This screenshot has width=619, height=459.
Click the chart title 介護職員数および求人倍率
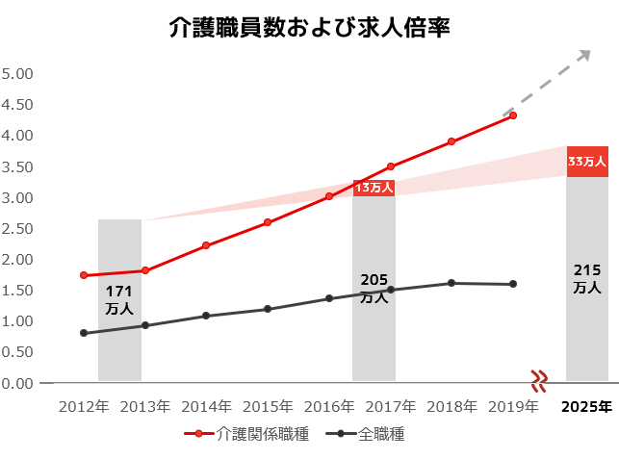point(310,28)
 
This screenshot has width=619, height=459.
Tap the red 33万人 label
point(587,162)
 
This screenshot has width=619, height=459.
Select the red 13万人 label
point(374,188)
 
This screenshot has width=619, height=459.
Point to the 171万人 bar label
point(119,299)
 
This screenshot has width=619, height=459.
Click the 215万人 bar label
point(587,278)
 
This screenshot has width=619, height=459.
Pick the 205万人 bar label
point(374,288)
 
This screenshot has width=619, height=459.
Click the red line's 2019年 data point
point(513,115)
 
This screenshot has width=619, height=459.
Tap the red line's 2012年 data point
point(84,275)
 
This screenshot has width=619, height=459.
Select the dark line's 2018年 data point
point(451,283)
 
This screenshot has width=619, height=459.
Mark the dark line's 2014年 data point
point(206,316)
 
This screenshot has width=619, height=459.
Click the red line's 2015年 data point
point(268,222)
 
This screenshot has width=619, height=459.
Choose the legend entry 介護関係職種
point(247,434)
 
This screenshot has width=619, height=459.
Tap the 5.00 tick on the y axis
point(17,74)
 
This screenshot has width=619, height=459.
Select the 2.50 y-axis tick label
point(17,229)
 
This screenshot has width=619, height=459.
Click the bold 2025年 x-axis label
point(587,407)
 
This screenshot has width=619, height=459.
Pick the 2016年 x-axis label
point(329,407)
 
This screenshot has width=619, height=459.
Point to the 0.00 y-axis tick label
point(17,384)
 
